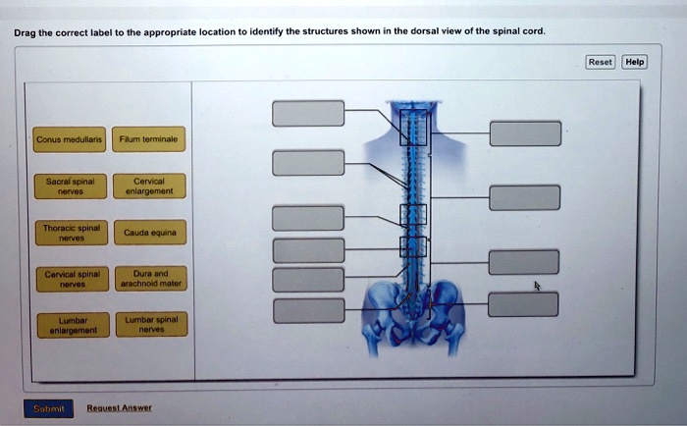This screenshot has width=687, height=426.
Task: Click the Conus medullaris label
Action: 62,140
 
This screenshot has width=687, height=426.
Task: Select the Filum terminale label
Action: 144,140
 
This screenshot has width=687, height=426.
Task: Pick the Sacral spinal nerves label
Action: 62,186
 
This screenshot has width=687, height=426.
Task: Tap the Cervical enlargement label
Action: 144,186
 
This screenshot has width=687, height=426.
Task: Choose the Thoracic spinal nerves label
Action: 62,232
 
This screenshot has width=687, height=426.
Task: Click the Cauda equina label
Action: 144,233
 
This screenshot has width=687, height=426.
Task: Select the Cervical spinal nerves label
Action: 62,278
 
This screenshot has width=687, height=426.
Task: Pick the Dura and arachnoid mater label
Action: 144,278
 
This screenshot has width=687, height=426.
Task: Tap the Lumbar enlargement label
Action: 62,324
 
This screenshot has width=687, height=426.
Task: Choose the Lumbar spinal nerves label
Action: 144,324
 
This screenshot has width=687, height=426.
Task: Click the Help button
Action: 635,62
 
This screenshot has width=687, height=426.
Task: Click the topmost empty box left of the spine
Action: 308,113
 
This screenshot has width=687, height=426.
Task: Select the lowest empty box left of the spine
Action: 308,311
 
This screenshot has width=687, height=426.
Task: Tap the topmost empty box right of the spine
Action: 525,133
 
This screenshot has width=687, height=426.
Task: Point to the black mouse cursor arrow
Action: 537,287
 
